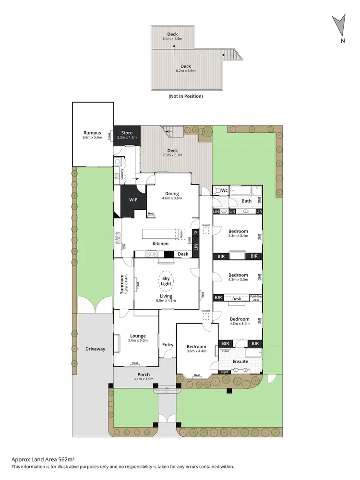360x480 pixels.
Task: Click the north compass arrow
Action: coord(339,24)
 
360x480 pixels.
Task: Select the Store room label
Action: coord(127,133)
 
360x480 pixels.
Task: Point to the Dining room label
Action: coord(172,194)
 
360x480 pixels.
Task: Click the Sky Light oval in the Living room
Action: coord(166,281)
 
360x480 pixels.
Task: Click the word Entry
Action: coord(168,344)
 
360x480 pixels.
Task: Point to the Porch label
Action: coord(144,375)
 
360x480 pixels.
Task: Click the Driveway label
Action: coord(95,349)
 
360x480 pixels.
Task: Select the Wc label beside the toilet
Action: coord(224,190)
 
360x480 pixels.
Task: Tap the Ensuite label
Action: coord(240,361)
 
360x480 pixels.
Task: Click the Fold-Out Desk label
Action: coord(255,298)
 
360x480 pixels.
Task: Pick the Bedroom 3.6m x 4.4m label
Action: coord(196,347)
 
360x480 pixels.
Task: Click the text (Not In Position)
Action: coord(185,96)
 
